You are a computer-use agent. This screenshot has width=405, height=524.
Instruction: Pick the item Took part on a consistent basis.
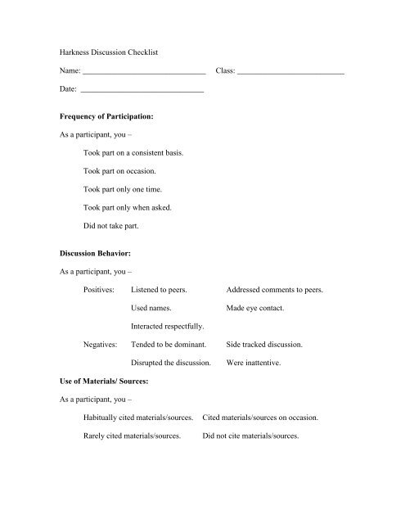(x=133, y=153)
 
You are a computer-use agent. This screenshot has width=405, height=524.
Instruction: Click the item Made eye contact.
(x=257, y=309)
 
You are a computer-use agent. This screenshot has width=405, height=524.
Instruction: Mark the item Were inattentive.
(x=256, y=363)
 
